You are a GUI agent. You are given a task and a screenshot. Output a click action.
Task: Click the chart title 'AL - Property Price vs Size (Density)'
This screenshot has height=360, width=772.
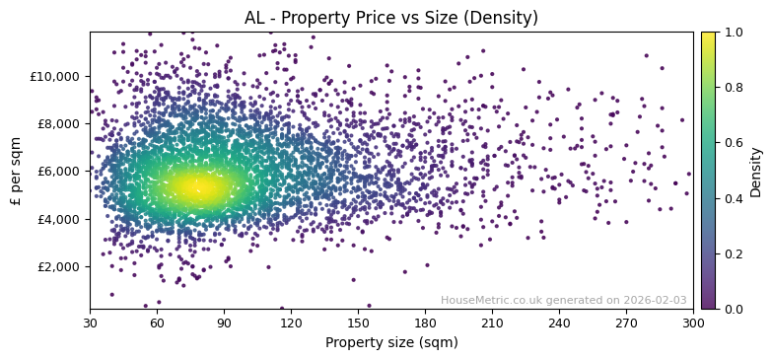click(x=391, y=18)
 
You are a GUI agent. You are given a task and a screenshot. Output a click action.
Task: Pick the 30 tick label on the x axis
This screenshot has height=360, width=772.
click(x=90, y=322)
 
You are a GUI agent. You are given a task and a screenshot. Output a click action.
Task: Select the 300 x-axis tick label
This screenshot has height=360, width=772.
click(x=693, y=322)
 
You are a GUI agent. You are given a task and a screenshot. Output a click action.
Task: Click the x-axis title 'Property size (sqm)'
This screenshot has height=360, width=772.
click(x=391, y=342)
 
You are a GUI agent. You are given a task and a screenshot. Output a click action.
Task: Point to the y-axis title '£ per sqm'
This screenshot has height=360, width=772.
click(x=17, y=171)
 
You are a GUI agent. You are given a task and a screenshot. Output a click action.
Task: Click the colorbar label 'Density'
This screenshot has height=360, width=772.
click(x=756, y=171)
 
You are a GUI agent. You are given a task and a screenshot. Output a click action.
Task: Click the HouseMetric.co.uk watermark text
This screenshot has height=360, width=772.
click(x=563, y=301)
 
